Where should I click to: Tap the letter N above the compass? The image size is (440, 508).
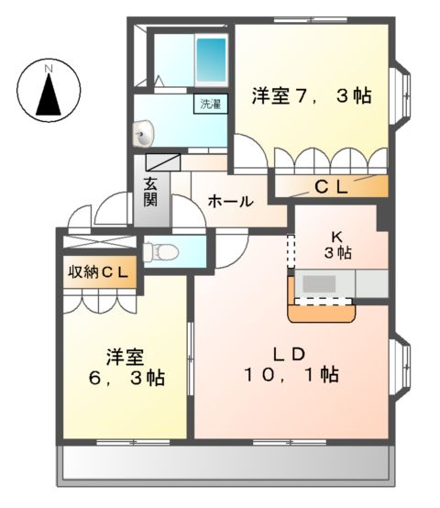[x=49, y=67]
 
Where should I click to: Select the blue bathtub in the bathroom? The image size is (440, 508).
[x=212, y=61]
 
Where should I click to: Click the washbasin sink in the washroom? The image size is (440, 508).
[x=144, y=136]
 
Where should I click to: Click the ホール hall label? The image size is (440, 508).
[x=229, y=201]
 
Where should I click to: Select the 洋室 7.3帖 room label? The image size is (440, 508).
[x=311, y=94]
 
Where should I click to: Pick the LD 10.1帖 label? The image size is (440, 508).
[x=293, y=364]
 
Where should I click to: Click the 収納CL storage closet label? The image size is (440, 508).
[x=99, y=272]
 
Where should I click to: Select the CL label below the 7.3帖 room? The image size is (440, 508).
[x=331, y=187]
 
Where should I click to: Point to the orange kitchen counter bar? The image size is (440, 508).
[x=323, y=313]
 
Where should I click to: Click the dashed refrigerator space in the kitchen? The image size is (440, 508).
[x=291, y=250]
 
